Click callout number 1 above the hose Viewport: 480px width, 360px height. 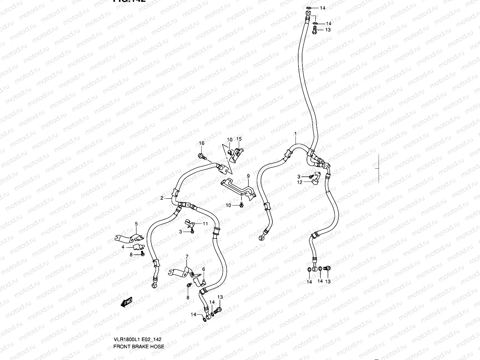(295, 133)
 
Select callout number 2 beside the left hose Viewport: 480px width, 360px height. (162, 198)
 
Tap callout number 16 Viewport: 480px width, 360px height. (202, 143)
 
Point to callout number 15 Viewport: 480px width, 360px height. (239, 139)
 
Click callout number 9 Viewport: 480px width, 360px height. (248, 175)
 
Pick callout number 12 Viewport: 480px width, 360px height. (300, 182)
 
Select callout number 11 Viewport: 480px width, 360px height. (205, 224)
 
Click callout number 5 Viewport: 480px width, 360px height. (136, 224)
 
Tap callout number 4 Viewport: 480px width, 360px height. (123, 247)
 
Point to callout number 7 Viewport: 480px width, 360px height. (187, 257)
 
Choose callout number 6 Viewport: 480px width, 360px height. (203, 269)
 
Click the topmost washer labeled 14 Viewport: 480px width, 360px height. (309, 8)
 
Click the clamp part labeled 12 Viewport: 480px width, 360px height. (315, 179)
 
